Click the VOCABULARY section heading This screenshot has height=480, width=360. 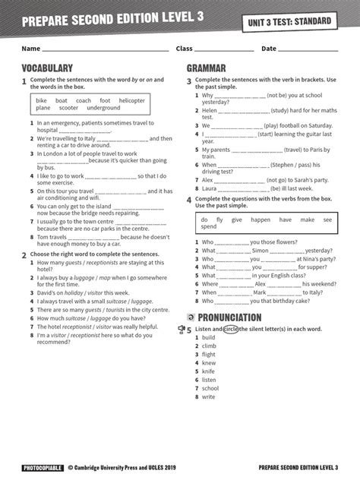coord(47,68)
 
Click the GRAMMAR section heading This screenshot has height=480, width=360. coord(207,68)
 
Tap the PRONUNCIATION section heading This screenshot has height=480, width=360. coord(229,317)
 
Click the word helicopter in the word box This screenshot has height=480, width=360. coord(131,100)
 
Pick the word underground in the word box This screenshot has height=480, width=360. coord(103,108)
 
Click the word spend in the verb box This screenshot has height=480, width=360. coord(209,226)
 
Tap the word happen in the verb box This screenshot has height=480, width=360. coord(260,219)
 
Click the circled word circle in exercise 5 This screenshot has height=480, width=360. coord(232,329)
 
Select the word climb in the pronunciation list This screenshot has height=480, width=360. coord(209,346)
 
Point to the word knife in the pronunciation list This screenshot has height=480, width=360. coord(208,371)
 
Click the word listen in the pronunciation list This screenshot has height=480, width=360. coord(209,380)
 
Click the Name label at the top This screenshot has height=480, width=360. coord(30,49)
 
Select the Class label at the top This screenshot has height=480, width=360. coord(185,49)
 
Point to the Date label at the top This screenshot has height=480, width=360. coord(269,49)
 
